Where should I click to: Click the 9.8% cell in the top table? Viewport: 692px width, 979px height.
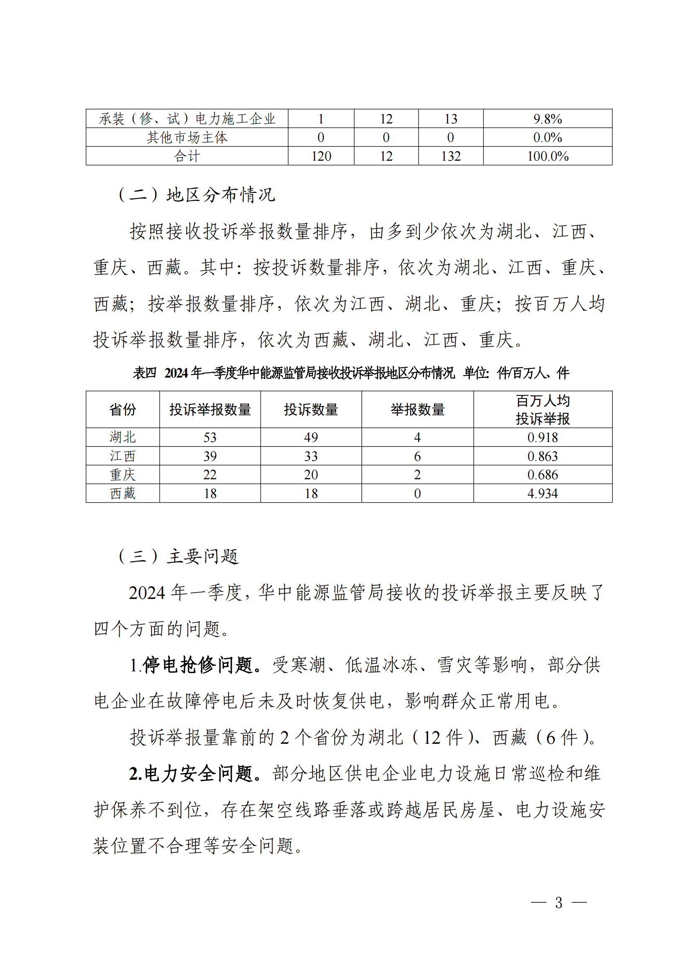point(548,119)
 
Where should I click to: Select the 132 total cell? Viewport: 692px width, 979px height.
point(451,156)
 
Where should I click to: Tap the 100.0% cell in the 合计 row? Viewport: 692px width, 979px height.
point(548,156)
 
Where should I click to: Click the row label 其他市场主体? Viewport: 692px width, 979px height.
point(187,137)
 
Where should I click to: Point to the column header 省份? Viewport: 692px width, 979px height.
point(123,409)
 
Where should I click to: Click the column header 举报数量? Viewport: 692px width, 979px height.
point(417,409)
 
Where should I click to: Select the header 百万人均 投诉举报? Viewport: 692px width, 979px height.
point(543,409)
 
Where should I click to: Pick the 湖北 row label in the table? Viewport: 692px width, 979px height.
point(123,437)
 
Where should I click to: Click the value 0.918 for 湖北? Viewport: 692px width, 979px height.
point(543,437)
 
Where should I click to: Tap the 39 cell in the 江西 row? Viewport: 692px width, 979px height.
point(210,456)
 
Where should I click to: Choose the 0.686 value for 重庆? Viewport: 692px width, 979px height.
point(543,475)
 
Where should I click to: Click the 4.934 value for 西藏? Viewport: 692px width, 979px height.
point(543,493)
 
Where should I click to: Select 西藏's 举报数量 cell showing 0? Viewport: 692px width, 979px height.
point(417,493)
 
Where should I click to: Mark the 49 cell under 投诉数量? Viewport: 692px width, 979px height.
point(311,437)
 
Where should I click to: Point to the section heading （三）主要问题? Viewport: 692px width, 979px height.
point(179,556)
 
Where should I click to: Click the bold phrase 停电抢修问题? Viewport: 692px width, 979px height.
point(198,665)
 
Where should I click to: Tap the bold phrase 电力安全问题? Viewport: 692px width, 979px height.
point(198,773)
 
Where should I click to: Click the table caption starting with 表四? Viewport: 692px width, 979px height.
point(351,373)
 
